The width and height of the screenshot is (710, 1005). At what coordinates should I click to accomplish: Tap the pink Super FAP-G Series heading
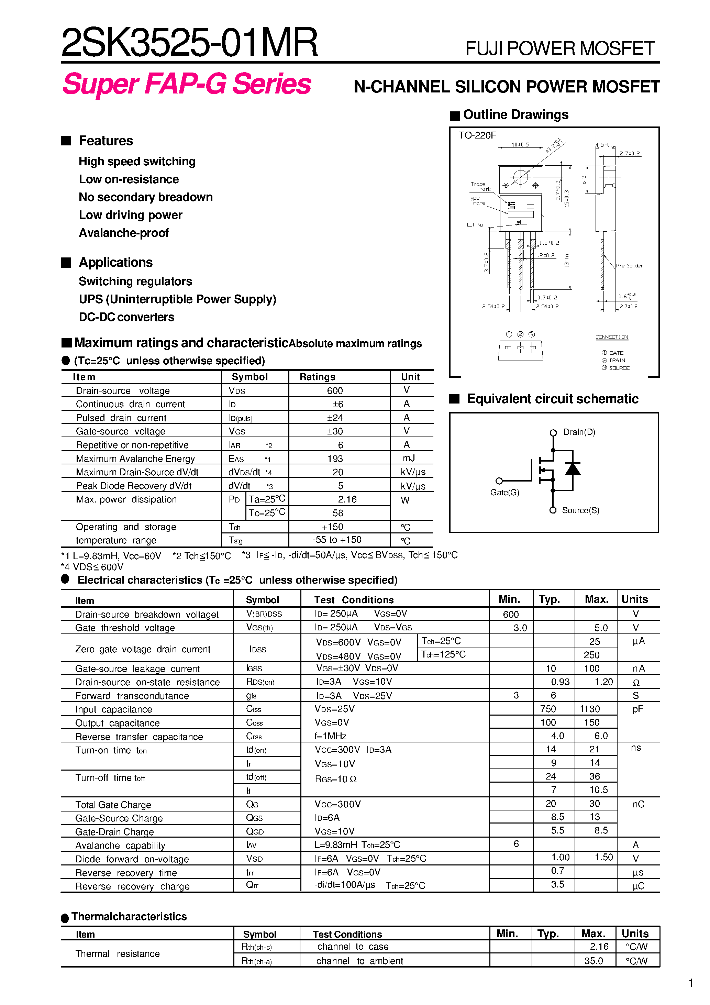(187, 84)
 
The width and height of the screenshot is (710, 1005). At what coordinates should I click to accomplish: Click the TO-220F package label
(477, 135)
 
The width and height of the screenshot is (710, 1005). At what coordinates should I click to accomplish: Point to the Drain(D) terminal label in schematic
(579, 432)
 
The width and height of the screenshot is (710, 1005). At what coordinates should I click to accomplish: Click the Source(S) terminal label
(580, 510)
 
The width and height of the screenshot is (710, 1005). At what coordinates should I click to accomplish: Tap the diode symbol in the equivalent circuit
(573, 469)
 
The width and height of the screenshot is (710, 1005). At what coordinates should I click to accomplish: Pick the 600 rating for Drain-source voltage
(335, 390)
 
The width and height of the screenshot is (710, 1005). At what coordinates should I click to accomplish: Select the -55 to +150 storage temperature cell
(337, 540)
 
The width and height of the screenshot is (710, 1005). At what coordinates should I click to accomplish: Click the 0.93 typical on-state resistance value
(560, 682)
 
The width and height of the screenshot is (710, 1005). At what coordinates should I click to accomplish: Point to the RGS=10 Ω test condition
(336, 779)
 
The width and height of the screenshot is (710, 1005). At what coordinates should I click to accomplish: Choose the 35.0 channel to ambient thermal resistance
(593, 961)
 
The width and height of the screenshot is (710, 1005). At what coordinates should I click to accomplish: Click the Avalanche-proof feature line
(124, 233)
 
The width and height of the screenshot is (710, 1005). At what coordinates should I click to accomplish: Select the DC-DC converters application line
(126, 317)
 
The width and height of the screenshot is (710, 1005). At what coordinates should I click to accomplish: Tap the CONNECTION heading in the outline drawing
(611, 337)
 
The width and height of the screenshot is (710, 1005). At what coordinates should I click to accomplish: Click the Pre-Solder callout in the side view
(629, 266)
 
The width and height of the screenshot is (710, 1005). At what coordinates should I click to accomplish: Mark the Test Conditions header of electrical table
(354, 600)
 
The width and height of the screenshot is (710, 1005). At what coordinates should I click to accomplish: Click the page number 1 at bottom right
(691, 983)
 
